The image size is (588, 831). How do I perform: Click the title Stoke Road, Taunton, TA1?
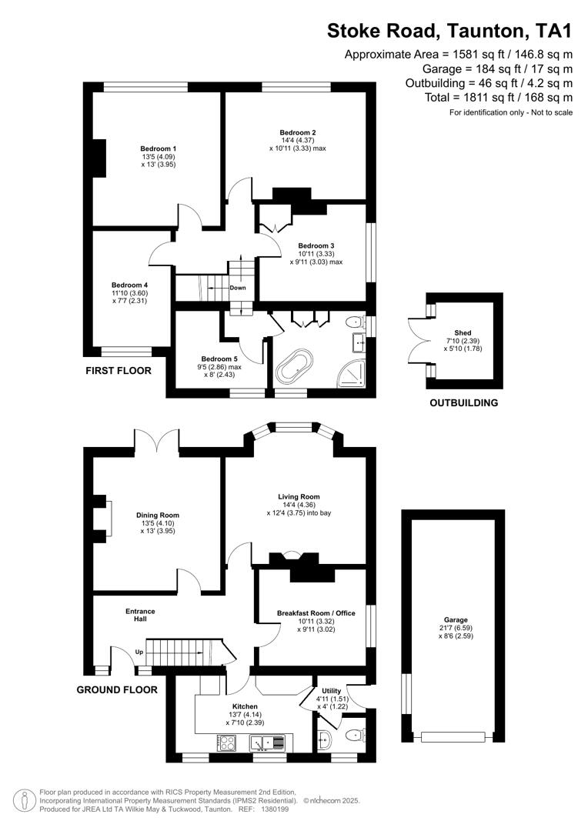(450, 31)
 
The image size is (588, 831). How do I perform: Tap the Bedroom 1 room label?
(158, 149)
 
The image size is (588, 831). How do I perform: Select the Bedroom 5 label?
(219, 359)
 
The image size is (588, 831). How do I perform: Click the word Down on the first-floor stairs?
(238, 288)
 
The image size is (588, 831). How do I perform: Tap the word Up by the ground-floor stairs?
(139, 652)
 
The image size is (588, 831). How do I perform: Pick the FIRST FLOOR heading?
(119, 371)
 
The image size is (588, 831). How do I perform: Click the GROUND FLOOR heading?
(117, 690)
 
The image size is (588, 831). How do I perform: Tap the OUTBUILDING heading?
(463, 402)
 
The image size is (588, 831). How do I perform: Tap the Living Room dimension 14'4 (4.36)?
(299, 505)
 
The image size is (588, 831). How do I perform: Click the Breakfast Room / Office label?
(316, 612)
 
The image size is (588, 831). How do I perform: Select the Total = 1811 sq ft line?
(499, 97)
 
